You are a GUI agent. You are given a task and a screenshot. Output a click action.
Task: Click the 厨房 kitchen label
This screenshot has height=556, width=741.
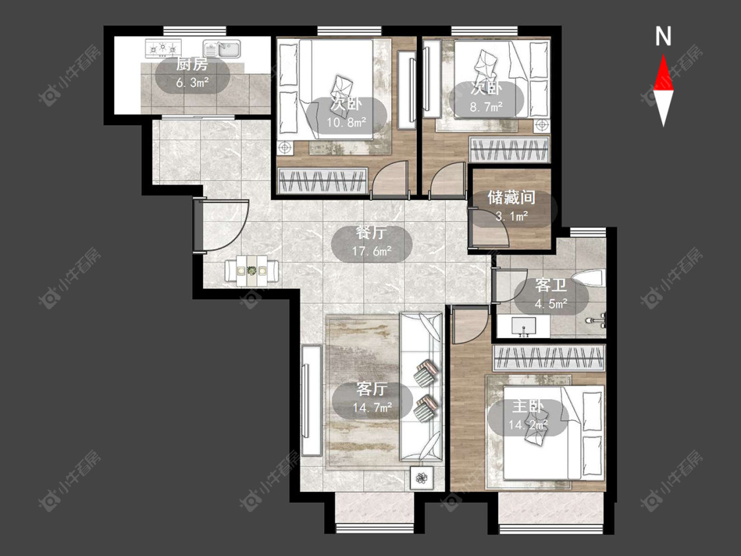[192, 64]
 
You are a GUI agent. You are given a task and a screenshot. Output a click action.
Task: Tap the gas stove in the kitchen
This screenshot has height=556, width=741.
[163, 47]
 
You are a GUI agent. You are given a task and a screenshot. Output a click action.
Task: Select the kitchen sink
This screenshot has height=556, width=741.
[222, 48]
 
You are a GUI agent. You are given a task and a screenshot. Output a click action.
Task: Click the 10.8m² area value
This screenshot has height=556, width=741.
[347, 123]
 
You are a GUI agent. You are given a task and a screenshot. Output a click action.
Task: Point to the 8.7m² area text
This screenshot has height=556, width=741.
[486, 107]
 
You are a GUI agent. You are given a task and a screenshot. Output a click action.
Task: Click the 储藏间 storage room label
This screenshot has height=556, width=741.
[511, 197]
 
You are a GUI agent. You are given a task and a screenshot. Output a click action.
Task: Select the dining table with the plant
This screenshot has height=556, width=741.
[252, 271]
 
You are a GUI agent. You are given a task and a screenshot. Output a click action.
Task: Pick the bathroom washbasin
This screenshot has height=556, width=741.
[524, 326]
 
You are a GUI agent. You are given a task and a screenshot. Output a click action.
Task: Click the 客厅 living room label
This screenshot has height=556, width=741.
[371, 389]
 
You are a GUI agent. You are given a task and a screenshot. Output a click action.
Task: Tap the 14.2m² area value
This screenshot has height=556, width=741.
[528, 424]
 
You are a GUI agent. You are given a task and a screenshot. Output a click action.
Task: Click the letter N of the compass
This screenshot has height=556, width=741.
[663, 36]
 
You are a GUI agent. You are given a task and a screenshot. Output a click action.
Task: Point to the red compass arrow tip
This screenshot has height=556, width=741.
[663, 55]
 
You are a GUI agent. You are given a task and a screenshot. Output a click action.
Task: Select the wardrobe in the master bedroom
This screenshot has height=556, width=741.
[549, 358]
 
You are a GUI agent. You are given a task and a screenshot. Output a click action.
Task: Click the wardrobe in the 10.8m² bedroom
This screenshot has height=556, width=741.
[323, 181]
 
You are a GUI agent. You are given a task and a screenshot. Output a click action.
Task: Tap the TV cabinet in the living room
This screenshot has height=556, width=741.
[312, 401]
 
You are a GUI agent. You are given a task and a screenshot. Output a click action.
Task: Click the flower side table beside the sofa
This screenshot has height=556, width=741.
[421, 478]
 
